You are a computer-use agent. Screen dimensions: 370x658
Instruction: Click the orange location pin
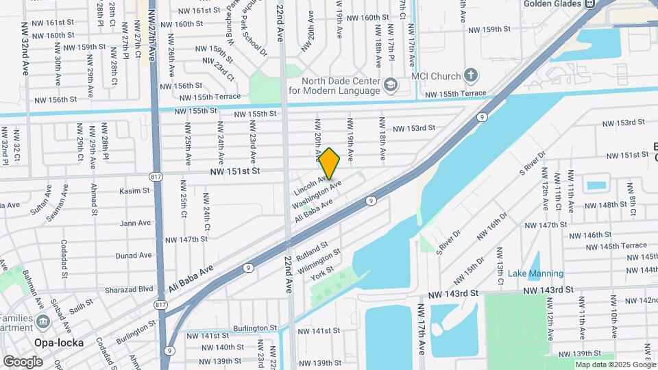[x=330, y=164]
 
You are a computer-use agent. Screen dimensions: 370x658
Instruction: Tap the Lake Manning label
[x=535, y=273]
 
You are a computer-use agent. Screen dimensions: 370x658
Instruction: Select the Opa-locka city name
[x=60, y=343]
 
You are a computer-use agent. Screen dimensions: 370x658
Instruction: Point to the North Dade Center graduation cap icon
[x=391, y=85]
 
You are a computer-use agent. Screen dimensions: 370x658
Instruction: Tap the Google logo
[x=23, y=361]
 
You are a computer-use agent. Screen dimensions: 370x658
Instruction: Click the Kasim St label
[x=134, y=191]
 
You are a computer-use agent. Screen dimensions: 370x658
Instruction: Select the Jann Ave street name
[x=135, y=223]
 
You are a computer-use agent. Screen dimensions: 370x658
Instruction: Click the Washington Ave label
[x=316, y=195]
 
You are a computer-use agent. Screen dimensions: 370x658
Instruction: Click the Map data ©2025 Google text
[x=615, y=365]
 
